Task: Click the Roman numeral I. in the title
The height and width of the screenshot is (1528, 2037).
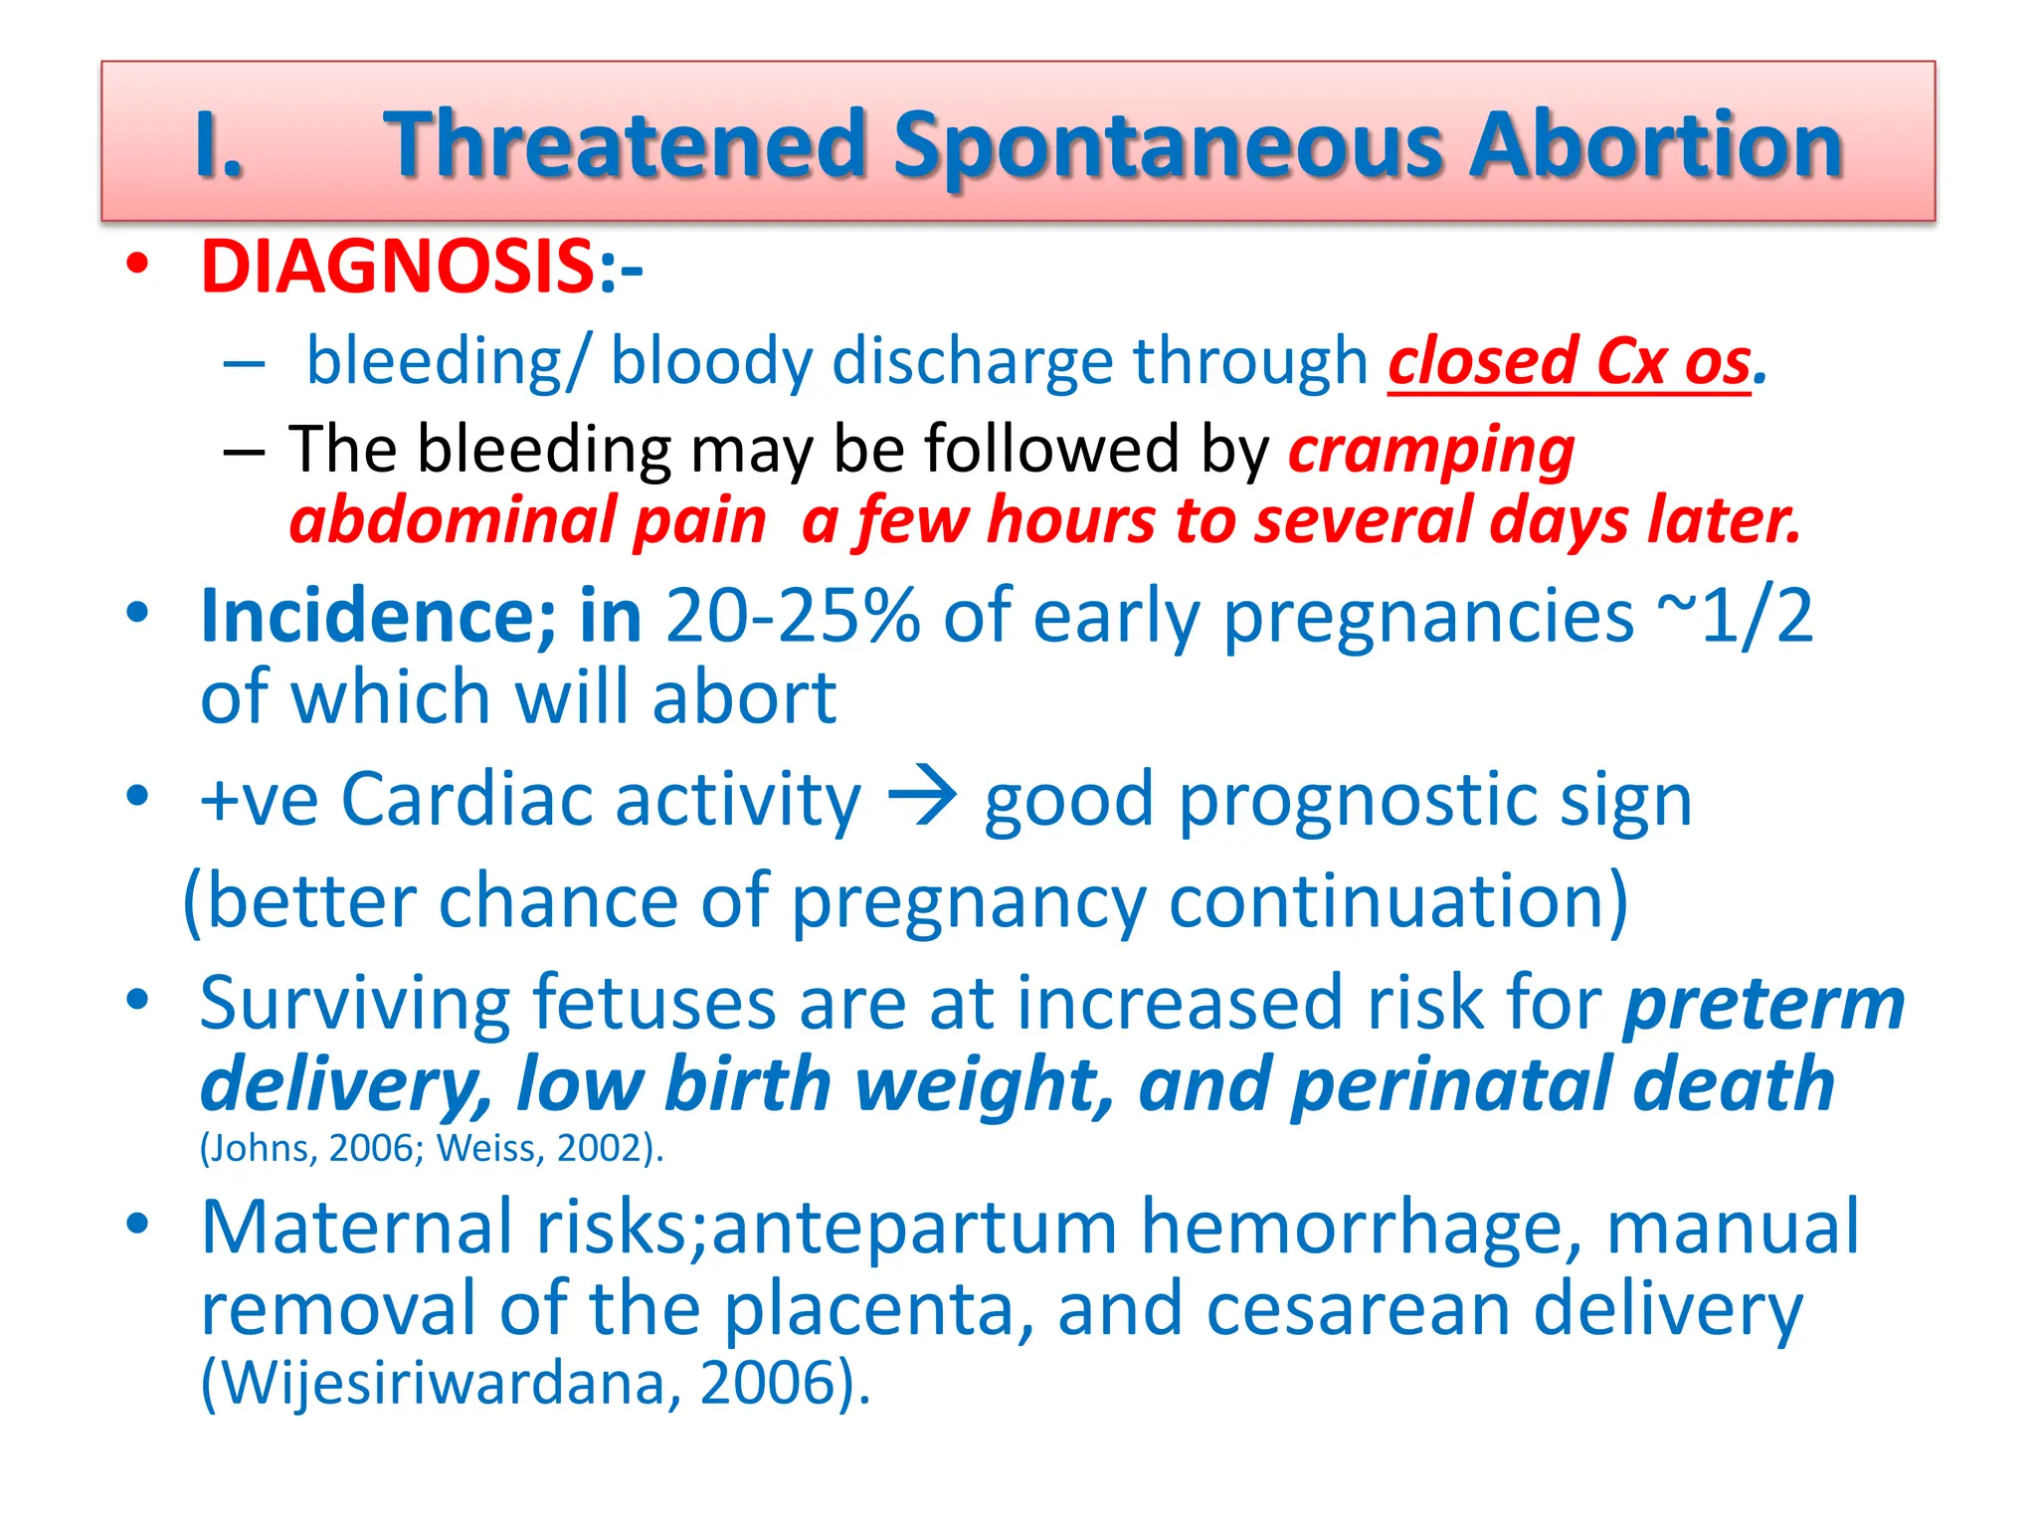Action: (219, 145)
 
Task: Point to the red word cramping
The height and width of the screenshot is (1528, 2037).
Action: (1431, 450)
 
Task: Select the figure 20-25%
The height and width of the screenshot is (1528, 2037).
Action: (793, 617)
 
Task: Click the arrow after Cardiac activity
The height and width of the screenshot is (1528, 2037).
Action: (922, 798)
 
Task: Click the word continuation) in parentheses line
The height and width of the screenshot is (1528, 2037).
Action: (1397, 901)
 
